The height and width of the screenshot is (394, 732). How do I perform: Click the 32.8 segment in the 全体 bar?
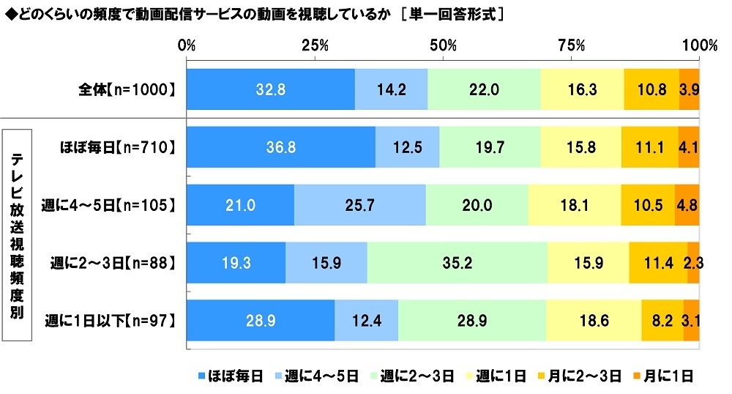pyautogui.click(x=270, y=89)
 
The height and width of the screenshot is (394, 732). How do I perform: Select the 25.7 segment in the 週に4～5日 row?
pyautogui.click(x=359, y=205)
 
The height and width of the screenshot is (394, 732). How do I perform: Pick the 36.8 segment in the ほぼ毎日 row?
pyautogui.click(x=281, y=147)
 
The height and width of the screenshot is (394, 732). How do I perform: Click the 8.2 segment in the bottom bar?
pyautogui.click(x=662, y=320)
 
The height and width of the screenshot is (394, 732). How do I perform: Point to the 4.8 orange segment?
pyautogui.click(x=687, y=205)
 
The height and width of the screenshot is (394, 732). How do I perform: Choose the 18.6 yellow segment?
pyautogui.click(x=594, y=320)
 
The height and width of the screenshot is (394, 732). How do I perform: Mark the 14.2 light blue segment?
pyautogui.click(x=391, y=89)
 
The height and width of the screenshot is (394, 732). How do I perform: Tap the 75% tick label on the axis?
pyautogui.click(x=571, y=45)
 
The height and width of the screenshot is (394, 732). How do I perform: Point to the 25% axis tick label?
pyautogui.click(x=315, y=45)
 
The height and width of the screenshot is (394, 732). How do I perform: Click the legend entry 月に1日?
pyautogui.click(x=665, y=376)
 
